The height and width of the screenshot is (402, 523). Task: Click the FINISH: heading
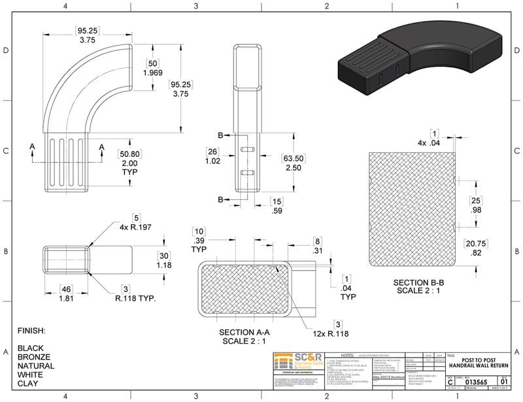pyautogui.click(x=31, y=331)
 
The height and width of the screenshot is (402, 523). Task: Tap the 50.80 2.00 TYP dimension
pyautogui.click(x=129, y=162)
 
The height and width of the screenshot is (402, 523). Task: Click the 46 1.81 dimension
pyautogui.click(x=65, y=293)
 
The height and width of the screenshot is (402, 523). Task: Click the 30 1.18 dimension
pyautogui.click(x=163, y=260)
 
